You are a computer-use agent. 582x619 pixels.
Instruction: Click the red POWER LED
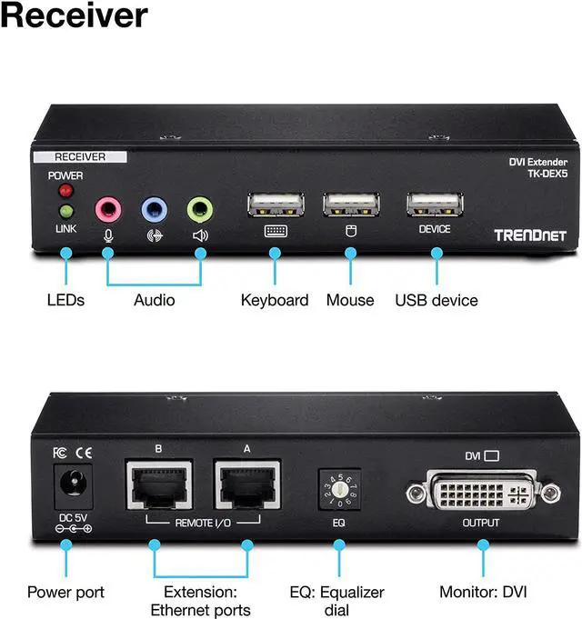point(65,191)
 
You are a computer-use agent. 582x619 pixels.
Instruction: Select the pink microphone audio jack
point(108,210)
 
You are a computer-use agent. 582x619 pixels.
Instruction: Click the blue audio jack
point(154,210)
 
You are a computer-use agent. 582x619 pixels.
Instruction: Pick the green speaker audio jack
point(200,210)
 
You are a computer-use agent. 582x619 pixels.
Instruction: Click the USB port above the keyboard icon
point(276,204)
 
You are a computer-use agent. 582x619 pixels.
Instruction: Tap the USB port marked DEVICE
point(435,204)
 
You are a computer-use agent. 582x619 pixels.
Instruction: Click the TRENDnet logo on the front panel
point(530,235)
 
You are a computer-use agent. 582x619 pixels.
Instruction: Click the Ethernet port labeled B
point(158,484)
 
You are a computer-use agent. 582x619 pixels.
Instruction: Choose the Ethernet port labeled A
point(246,484)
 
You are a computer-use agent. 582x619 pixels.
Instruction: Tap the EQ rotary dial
point(338,486)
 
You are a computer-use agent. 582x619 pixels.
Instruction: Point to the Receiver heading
point(75,15)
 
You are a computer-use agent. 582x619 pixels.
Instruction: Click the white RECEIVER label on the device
point(80,157)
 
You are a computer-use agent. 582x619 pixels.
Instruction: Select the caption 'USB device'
point(436,300)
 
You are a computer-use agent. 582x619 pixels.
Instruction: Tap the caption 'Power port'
point(65,593)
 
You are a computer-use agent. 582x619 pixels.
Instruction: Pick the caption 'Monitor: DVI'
point(483,593)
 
